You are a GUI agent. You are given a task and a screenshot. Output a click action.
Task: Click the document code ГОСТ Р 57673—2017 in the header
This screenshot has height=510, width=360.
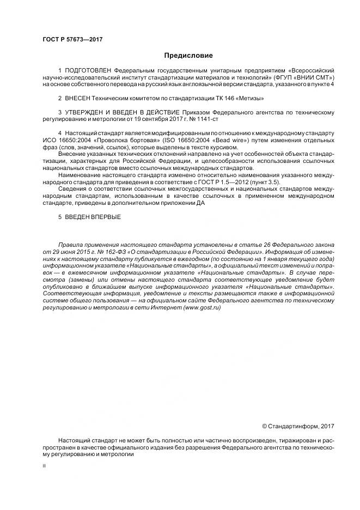72,40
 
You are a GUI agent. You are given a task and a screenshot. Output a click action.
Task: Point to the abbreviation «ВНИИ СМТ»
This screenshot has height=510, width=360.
314,78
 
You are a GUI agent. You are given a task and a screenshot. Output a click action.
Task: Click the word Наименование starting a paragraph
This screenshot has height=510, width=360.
80,175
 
